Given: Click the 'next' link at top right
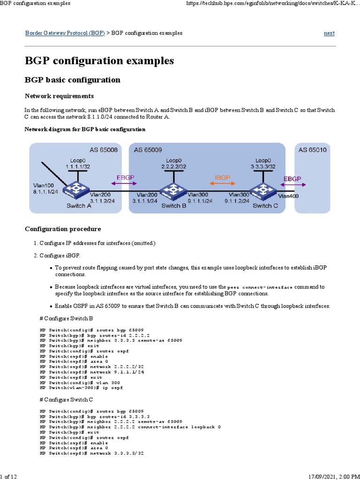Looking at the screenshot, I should click(329, 33).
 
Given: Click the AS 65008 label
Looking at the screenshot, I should click(103, 150).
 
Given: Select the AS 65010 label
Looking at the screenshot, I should click(313, 150).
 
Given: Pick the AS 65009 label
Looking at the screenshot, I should click(148, 150).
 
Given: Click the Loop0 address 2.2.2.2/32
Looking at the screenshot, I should click(173, 166).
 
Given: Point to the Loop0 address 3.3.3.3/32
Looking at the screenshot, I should click(263, 166).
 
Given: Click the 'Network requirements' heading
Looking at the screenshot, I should click(59, 96).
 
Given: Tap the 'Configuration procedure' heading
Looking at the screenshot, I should click(62, 229).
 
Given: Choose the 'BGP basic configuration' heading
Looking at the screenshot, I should click(72, 80).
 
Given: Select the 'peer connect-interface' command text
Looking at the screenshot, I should click(259, 287).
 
